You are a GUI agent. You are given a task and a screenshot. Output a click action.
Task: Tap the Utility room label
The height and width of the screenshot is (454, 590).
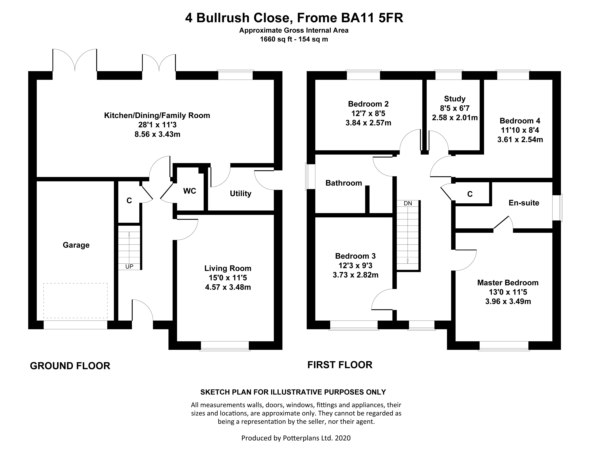(x=240, y=193)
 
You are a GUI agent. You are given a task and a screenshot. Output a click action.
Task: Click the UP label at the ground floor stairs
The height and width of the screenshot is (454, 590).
(x=129, y=267)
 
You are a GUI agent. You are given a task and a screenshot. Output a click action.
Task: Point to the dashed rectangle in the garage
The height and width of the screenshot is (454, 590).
(x=75, y=301)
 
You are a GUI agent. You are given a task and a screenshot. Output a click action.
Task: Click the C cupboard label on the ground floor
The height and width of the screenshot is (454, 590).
(x=129, y=200)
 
